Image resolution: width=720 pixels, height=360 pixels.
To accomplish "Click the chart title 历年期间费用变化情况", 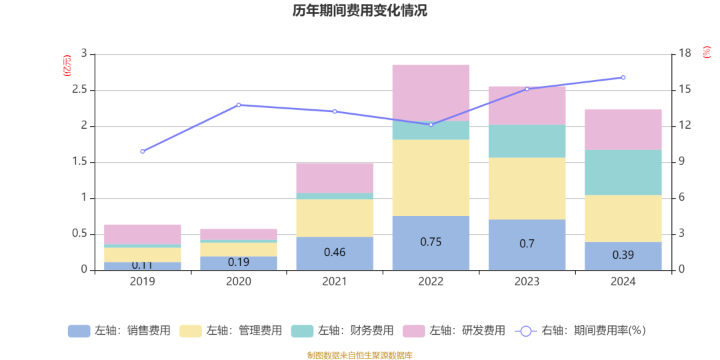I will click(x=360, y=11).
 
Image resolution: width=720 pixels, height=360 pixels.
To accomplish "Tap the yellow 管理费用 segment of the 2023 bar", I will click(x=527, y=189).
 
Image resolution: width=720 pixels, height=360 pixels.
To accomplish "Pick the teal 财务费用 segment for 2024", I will click(x=623, y=173).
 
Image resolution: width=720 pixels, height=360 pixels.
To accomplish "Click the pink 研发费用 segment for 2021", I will click(x=335, y=178).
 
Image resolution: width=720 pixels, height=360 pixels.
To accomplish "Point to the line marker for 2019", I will click(x=143, y=151).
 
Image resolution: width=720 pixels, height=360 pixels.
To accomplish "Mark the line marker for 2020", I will click(x=239, y=105).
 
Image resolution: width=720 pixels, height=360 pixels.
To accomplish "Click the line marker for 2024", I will click(x=623, y=77).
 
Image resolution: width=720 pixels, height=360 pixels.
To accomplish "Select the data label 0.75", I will click(x=431, y=242).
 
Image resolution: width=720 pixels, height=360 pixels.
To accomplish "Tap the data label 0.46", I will click(x=335, y=253).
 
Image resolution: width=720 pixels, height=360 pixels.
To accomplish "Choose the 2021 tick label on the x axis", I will click(x=335, y=282).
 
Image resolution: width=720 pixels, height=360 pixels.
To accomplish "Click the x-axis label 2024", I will click(x=623, y=282).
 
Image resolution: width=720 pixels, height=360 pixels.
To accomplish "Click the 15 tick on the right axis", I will click(x=683, y=90).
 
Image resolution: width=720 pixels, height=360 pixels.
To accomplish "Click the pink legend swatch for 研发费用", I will click(x=414, y=331).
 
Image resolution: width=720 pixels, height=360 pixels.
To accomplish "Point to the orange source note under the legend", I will click(x=360, y=355).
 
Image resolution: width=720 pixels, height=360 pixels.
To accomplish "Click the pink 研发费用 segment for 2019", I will click(x=143, y=234).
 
